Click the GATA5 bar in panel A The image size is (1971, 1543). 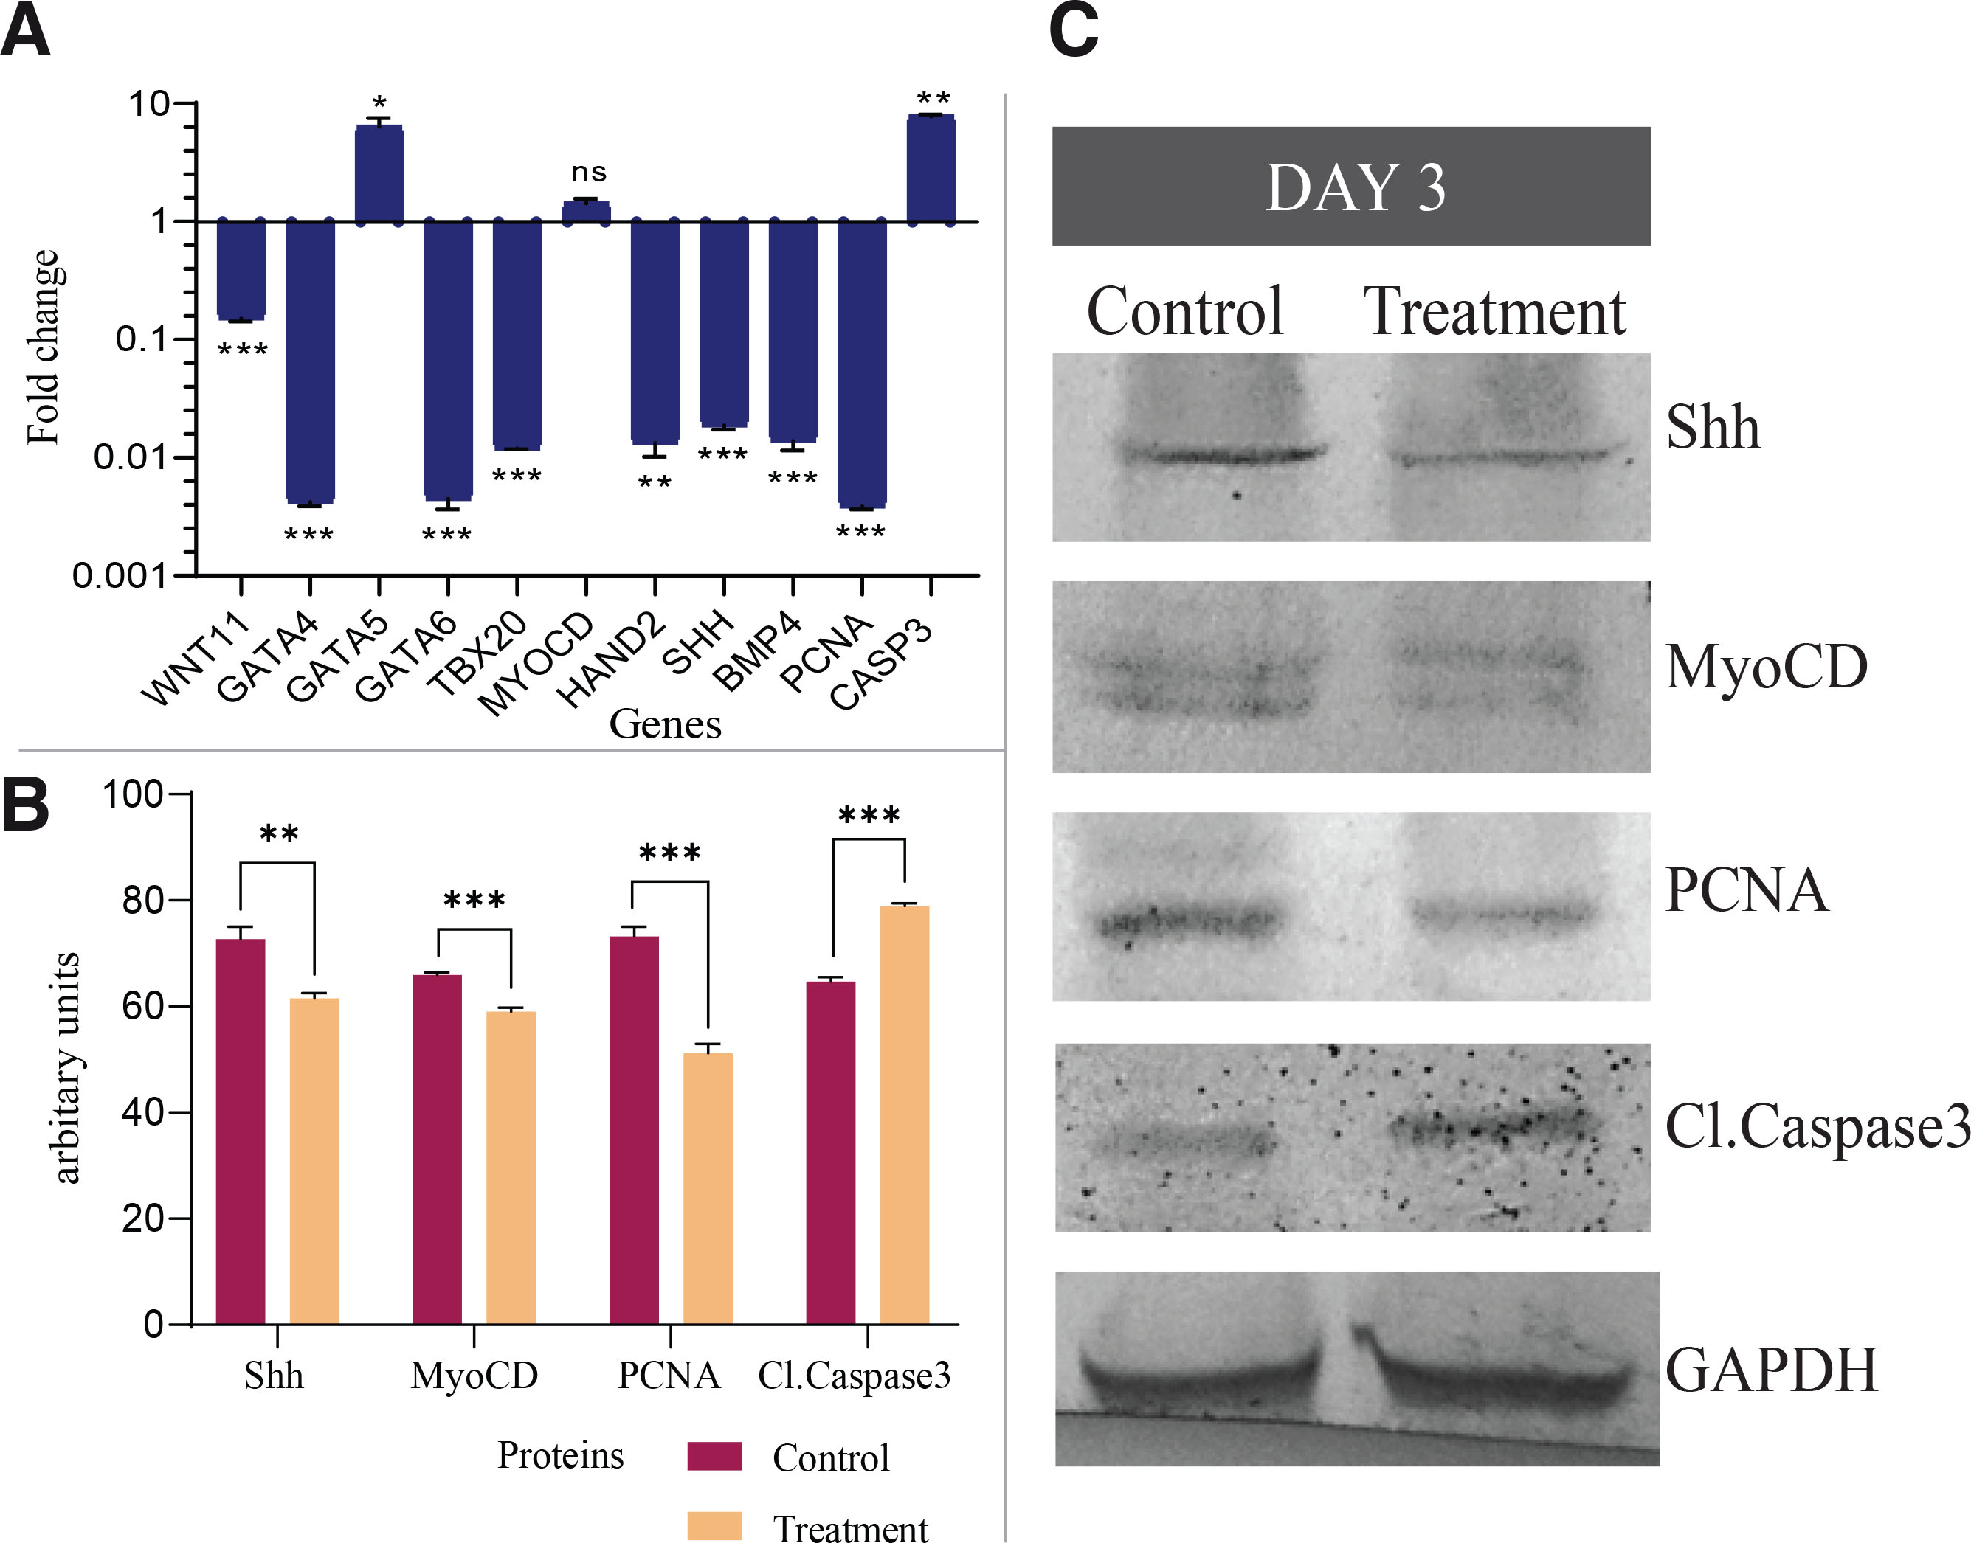point(379,174)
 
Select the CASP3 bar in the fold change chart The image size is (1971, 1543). point(931,169)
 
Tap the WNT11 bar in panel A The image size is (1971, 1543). point(241,269)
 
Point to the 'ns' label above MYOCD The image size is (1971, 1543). point(588,172)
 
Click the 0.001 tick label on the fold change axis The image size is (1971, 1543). point(120,575)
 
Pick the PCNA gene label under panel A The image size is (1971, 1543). point(825,652)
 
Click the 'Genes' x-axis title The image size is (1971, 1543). point(665,724)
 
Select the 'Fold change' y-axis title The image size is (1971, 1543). point(44,348)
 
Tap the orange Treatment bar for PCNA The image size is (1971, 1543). point(708,1188)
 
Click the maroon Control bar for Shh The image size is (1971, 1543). point(241,1131)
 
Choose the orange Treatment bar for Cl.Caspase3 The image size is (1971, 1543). point(904,1114)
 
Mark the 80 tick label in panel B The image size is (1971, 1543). point(142,900)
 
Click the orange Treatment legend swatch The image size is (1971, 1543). point(714,1525)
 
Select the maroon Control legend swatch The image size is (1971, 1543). point(714,1456)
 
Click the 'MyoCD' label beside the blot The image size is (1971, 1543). point(1766,668)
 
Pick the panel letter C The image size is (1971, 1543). point(1073,32)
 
